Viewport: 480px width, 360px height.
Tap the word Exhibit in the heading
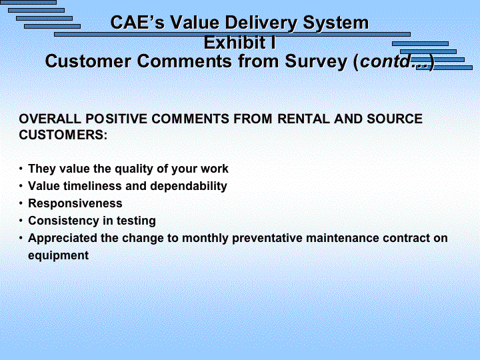(235, 42)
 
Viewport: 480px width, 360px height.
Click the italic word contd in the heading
(385, 61)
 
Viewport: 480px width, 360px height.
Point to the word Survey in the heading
(316, 61)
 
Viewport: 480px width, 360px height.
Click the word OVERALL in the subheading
(50, 119)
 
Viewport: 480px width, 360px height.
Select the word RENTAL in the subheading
(303, 119)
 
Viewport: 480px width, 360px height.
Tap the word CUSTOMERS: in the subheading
(63, 135)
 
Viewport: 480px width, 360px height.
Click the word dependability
(189, 186)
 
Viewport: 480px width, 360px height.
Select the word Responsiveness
(75, 203)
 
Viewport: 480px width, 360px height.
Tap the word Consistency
(63, 221)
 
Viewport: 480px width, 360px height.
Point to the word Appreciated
(63, 238)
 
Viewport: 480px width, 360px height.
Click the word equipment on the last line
(58, 255)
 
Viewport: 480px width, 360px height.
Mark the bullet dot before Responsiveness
(21, 203)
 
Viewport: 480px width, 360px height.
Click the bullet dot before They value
(21, 169)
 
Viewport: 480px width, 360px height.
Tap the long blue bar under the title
(232, 34)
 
